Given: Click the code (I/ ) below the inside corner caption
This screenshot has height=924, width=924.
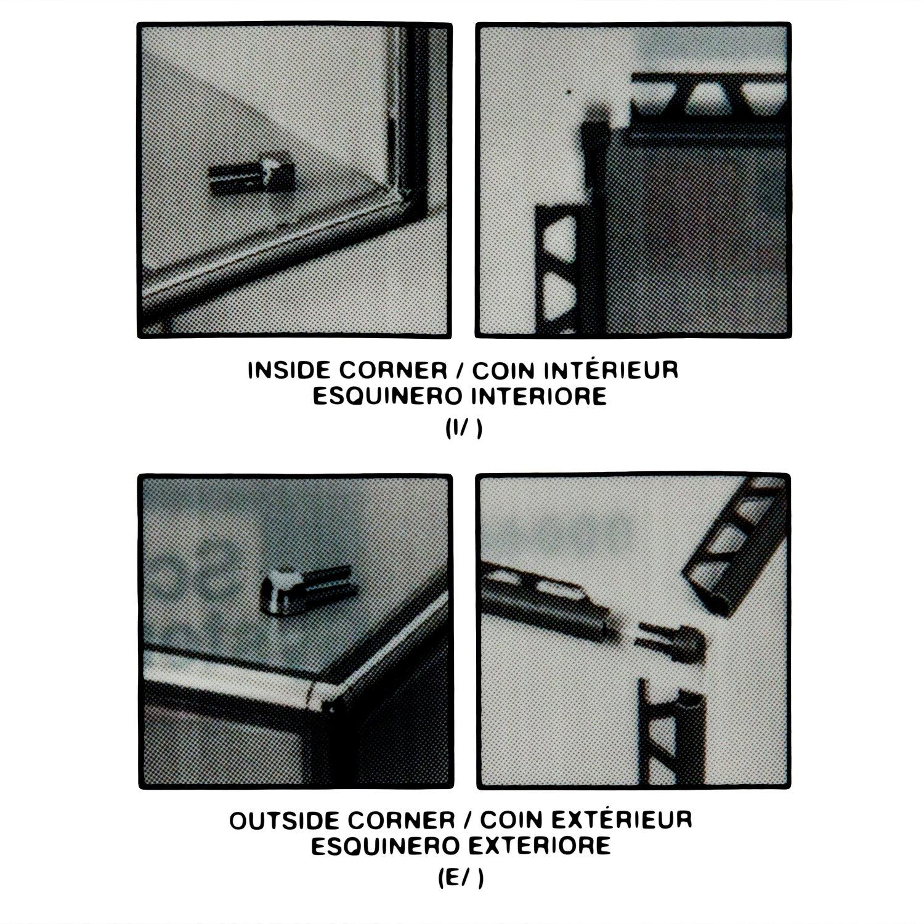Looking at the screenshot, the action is [463, 430].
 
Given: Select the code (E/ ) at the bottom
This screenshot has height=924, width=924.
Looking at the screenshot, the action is [464, 879].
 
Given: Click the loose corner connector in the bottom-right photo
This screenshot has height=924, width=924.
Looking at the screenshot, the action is [670, 642].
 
